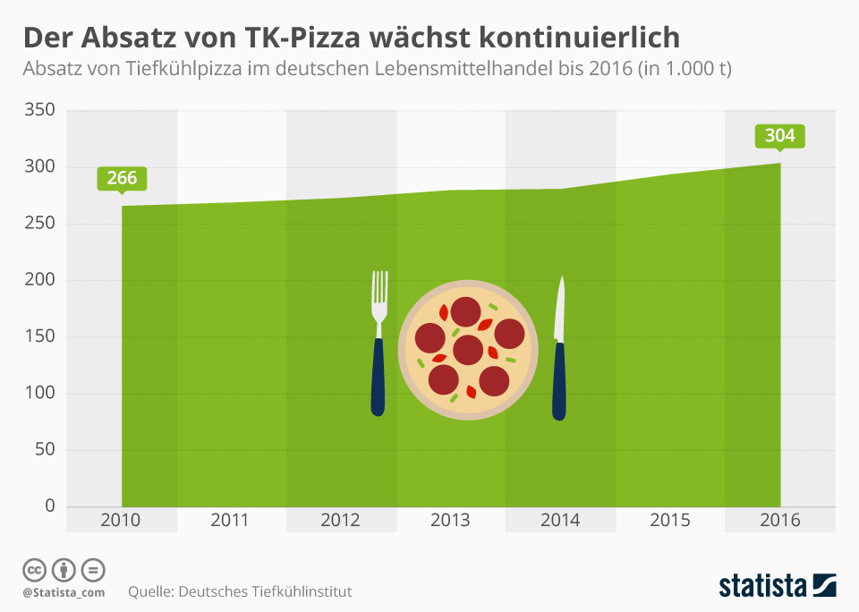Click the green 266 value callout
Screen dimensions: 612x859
[122, 178]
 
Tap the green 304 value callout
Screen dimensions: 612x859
[780, 136]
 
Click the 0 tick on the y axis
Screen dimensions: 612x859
[50, 506]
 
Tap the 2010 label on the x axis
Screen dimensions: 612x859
[121, 520]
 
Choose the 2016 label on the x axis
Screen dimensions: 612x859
[779, 520]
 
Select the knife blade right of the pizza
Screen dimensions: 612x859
[561, 309]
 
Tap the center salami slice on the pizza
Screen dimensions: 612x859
[468, 350]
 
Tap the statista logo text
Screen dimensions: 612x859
[762, 586]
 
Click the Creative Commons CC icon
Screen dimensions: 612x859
[34, 569]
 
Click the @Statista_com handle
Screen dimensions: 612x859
[64, 592]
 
